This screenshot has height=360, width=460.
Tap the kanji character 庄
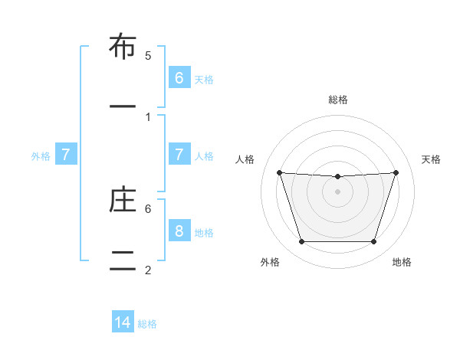123,200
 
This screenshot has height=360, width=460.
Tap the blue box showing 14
123,322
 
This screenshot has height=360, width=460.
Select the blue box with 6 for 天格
179,77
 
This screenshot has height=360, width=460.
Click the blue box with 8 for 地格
179,231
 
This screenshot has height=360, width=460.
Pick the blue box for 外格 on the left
66,155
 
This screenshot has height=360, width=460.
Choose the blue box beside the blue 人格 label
179,154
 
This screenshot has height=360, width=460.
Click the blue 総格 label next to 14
147,324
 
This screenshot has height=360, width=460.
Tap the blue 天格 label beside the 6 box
204,79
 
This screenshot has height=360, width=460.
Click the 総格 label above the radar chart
338,100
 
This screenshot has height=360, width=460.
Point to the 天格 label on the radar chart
431,159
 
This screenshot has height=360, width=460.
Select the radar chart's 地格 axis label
402,262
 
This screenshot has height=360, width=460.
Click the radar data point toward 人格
279,172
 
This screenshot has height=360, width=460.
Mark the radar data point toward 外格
301,242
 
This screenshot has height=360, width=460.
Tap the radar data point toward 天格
396,172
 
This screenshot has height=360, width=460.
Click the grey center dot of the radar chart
337,191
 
